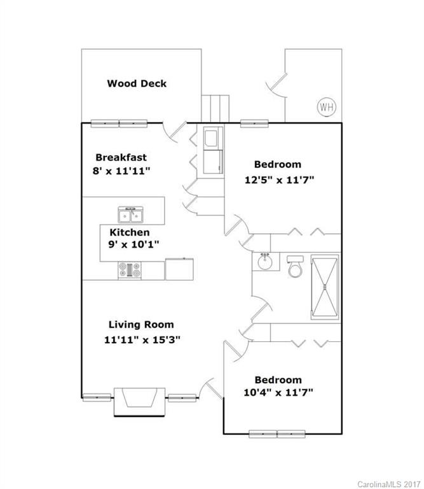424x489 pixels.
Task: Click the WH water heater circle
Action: [326, 106]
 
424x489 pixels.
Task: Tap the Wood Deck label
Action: [137, 83]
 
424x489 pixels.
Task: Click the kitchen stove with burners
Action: [130, 270]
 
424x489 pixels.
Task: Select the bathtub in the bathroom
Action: [325, 286]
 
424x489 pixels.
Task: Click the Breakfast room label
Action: [121, 157]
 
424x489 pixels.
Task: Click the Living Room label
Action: [140, 325]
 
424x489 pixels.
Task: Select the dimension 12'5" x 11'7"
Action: [280, 180]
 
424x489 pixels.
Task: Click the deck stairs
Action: [214, 108]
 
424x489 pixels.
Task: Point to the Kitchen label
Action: [130, 232]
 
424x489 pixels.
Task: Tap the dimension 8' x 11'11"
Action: [121, 171]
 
